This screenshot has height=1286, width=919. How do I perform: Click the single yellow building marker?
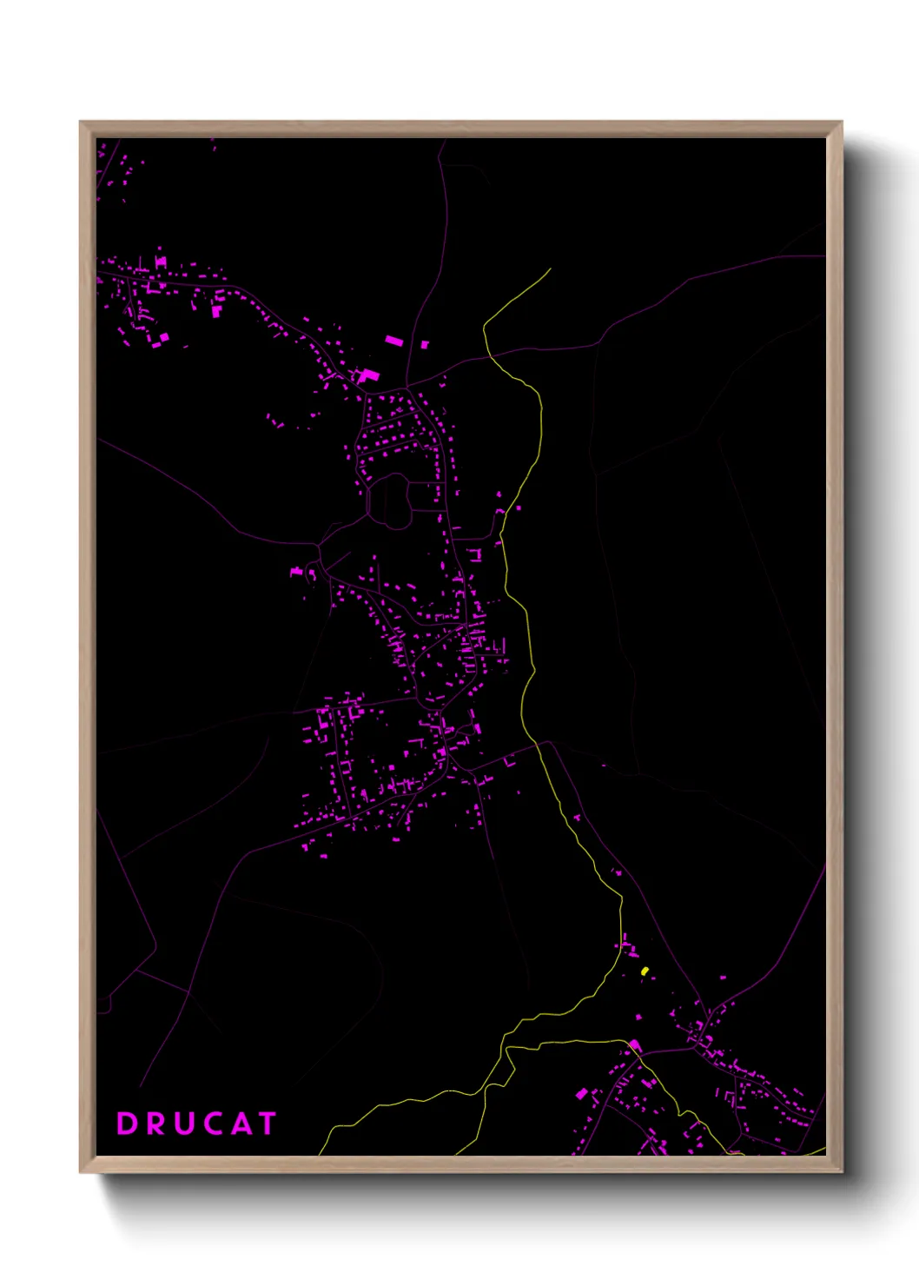[x=645, y=971]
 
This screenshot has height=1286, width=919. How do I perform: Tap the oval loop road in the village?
[x=391, y=500]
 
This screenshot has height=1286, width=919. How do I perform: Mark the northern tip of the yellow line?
[x=550, y=269]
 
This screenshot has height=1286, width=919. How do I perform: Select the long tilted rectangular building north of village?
[x=393, y=341]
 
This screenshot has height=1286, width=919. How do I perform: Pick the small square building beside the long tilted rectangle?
[x=425, y=345]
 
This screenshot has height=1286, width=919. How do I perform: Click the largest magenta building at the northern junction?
[x=368, y=375]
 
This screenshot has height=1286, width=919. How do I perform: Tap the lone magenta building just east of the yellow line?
[x=519, y=508]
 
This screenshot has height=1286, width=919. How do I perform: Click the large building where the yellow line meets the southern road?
[x=635, y=1045]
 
